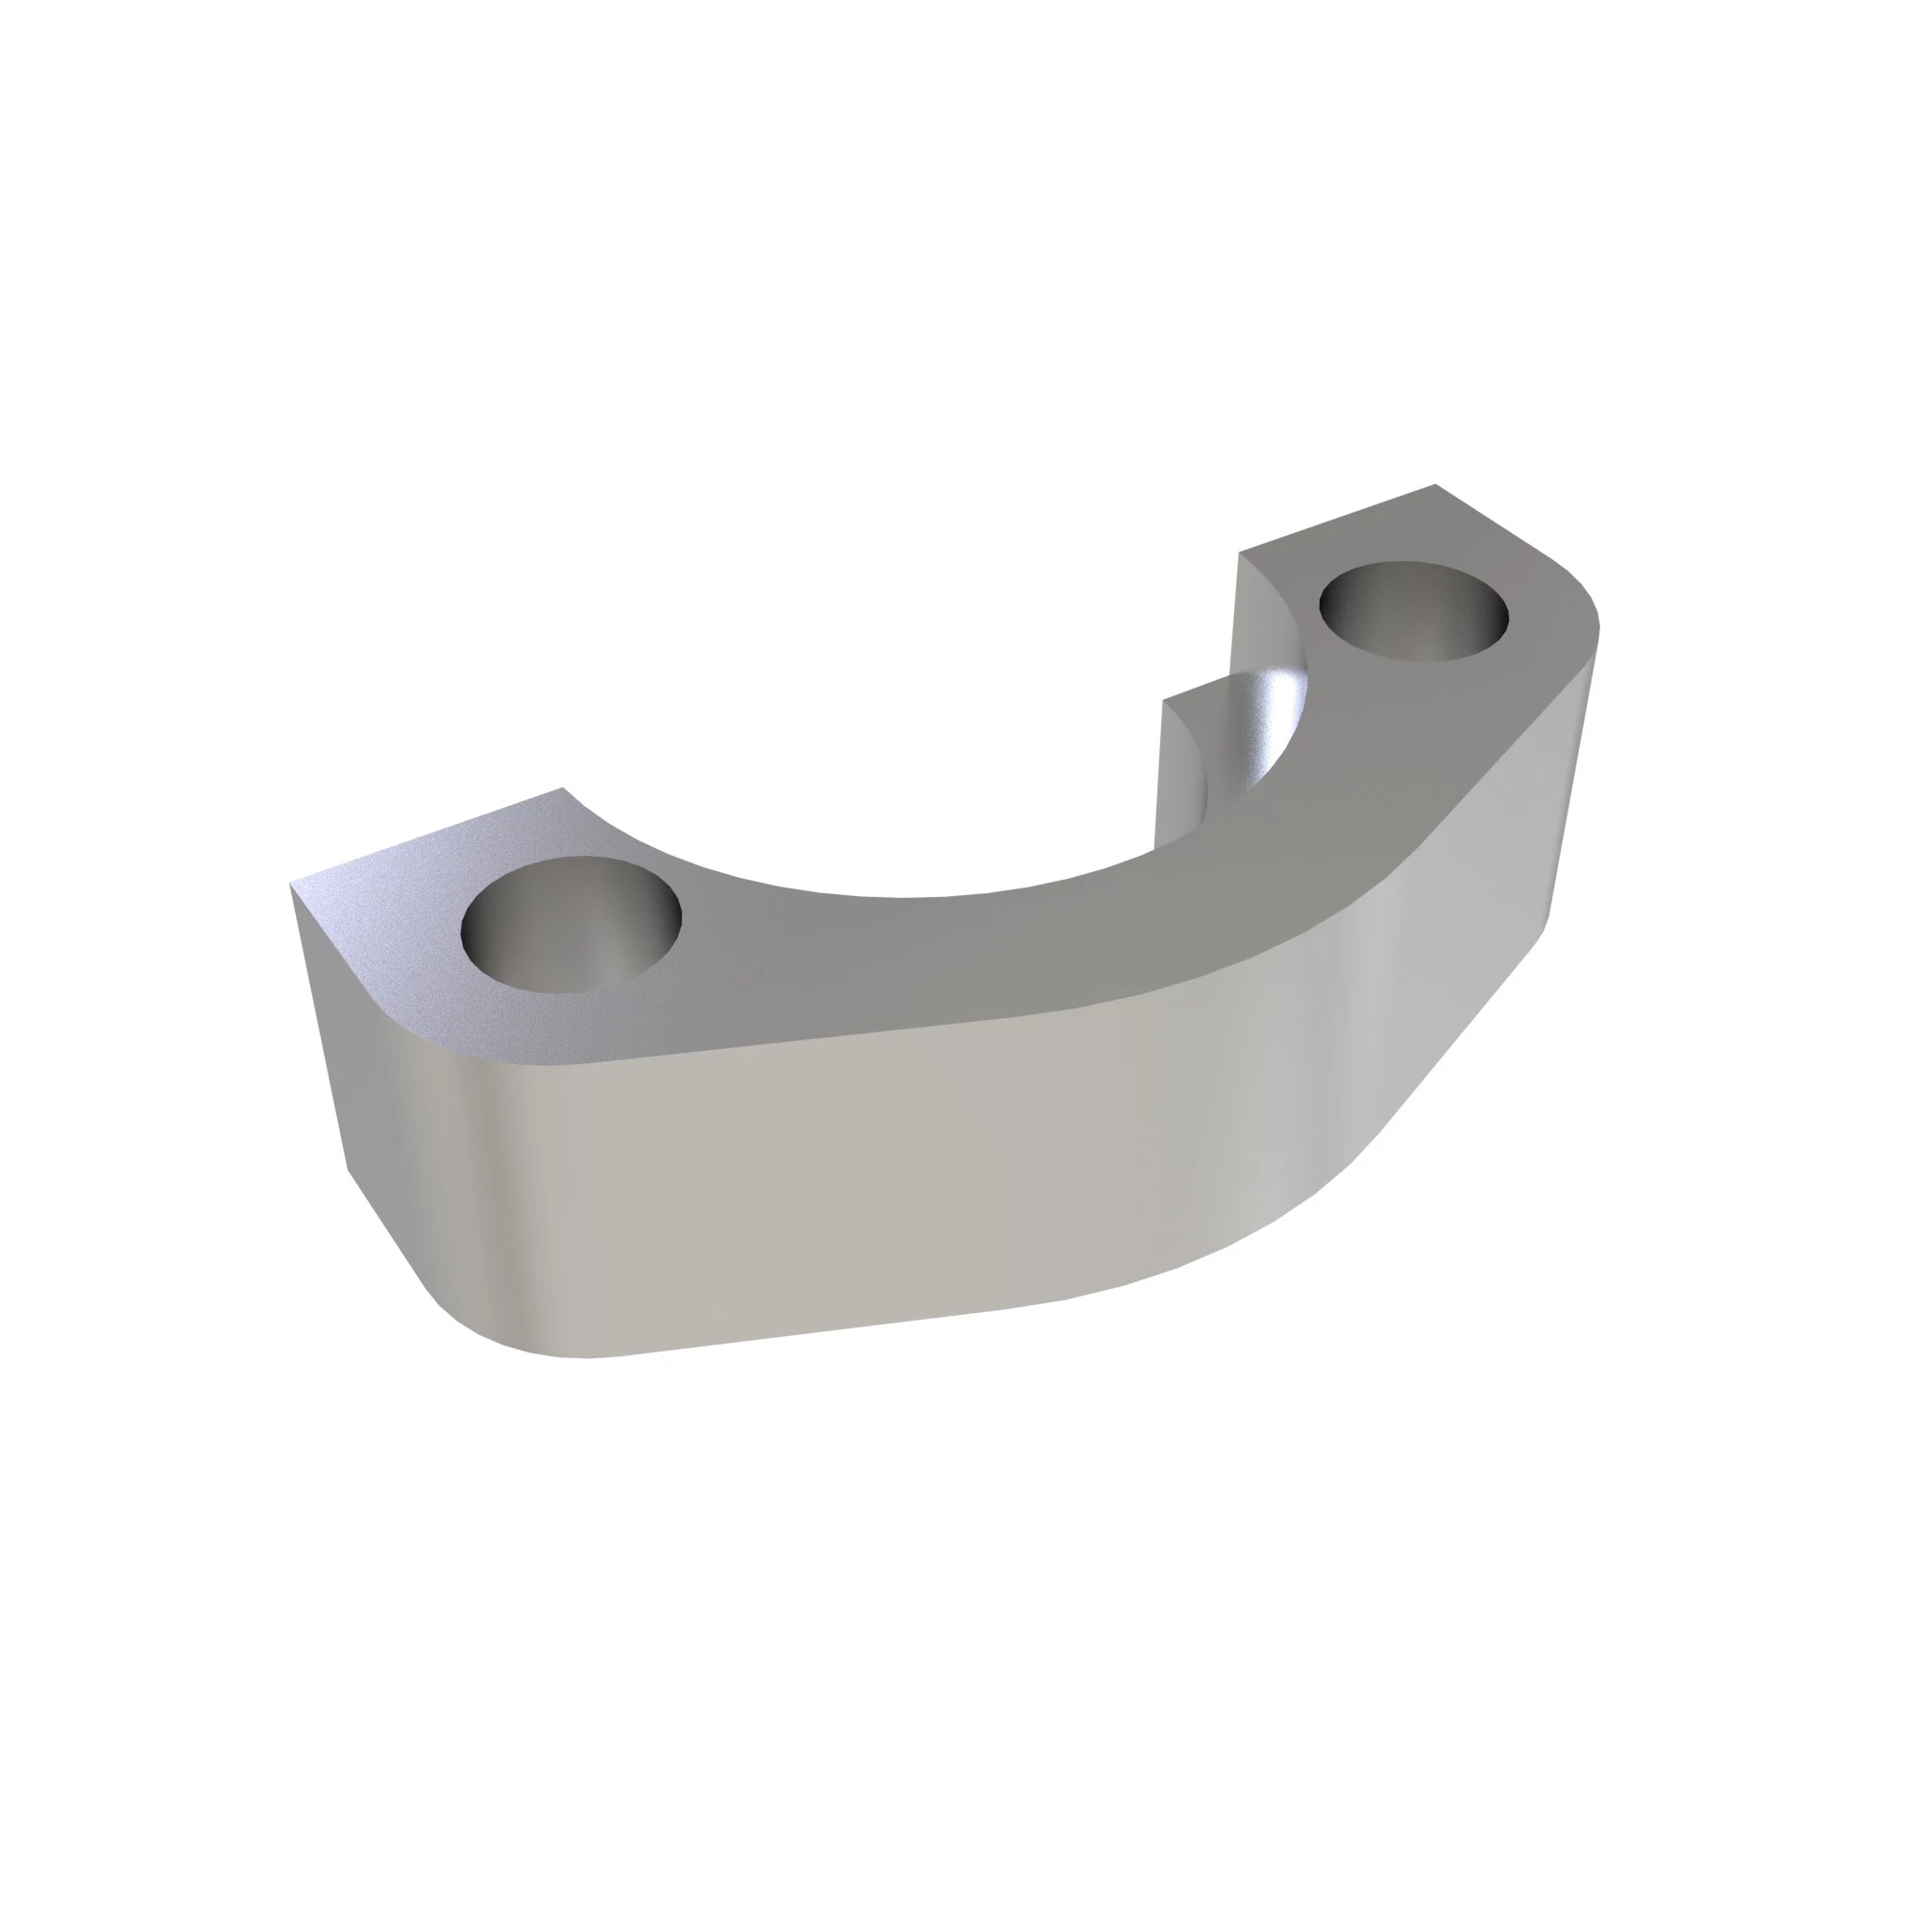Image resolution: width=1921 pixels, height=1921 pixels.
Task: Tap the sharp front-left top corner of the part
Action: (x=292, y=884)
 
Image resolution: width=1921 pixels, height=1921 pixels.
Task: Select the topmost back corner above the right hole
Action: (x=1435, y=485)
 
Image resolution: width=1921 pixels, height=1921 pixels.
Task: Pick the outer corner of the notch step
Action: (x=1165, y=699)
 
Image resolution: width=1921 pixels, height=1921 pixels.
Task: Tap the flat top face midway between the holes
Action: (x=895, y=955)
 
